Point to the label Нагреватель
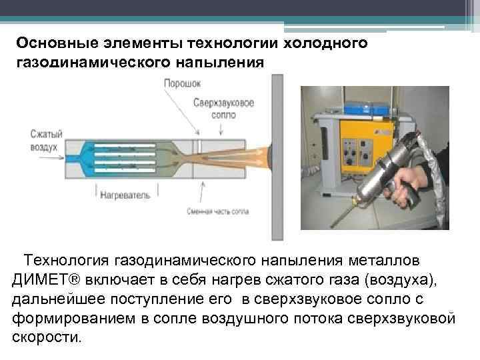point(125,196)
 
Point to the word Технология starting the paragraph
point(67,259)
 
